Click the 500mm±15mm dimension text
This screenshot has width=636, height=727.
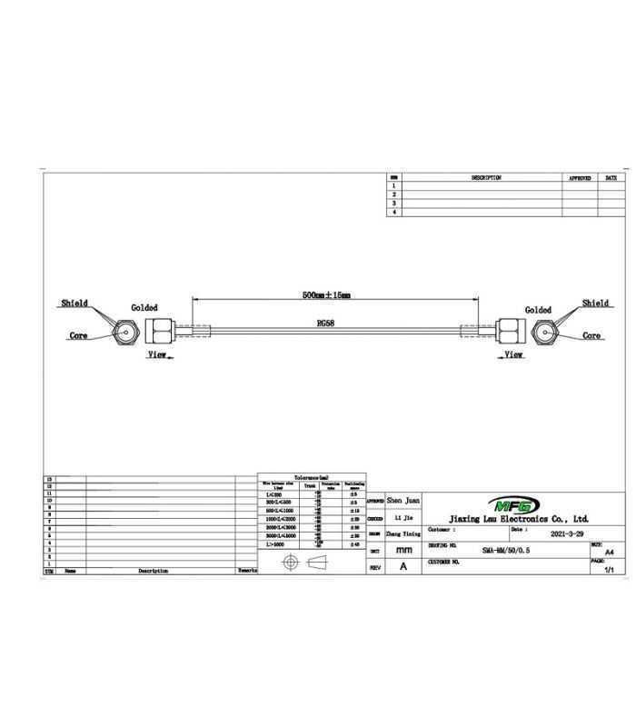326,295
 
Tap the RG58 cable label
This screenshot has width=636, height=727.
325,323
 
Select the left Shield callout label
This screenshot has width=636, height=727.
75,304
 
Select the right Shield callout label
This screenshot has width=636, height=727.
595,304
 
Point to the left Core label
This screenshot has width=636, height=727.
79,335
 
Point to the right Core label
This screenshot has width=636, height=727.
591,335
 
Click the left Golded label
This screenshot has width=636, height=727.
144,309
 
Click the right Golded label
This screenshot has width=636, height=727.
538,310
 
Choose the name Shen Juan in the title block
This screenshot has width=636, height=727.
403,501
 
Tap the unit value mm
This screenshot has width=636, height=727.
403,550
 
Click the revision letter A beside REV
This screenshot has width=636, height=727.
402,565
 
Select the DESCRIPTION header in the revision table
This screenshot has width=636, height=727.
486,178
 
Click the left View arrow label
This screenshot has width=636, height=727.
156,355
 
